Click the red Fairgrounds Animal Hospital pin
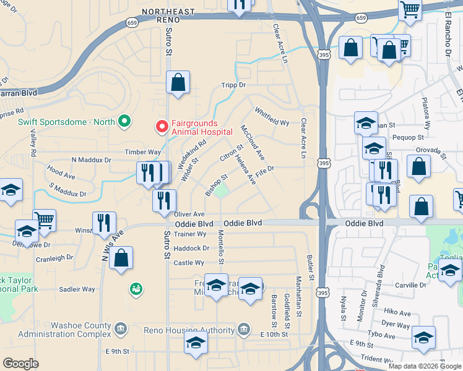click(x=162, y=126)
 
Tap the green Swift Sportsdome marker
click(x=124, y=121)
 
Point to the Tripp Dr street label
click(x=233, y=85)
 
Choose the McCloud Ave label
click(x=253, y=143)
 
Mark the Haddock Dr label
click(x=192, y=249)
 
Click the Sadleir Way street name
click(x=77, y=289)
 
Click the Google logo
click(x=21, y=364)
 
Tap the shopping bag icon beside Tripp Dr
click(x=178, y=82)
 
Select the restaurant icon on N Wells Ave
click(x=104, y=223)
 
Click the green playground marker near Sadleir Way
click(x=134, y=288)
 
